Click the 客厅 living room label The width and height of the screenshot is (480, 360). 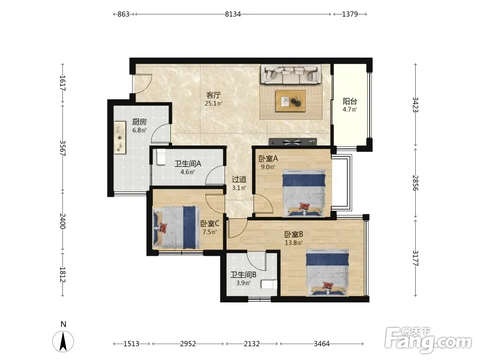[x=214, y=95]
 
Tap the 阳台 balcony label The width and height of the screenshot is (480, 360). [x=349, y=101]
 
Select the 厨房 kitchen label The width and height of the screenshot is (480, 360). [x=139, y=122]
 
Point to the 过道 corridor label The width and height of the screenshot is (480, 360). [x=239, y=180]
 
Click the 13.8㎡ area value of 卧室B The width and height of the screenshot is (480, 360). [x=294, y=243]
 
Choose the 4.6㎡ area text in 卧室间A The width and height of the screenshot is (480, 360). [x=188, y=172]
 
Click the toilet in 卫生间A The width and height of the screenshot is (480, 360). [x=161, y=157]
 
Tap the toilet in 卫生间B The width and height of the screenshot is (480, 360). [x=269, y=284]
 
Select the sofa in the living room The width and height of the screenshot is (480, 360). [x=290, y=74]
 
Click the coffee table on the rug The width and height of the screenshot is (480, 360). [x=290, y=101]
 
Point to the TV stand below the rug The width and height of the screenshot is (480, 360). [x=292, y=142]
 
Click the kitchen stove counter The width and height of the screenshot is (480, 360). [x=120, y=138]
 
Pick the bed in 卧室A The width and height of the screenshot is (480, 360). [x=303, y=193]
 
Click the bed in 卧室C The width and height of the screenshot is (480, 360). [x=176, y=227]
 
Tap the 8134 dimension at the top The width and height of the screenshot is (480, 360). [x=233, y=14]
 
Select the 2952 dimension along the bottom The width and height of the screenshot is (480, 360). [x=188, y=344]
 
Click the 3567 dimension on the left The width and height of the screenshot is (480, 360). [x=62, y=148]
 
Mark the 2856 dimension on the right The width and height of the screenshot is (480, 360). [x=415, y=183]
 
